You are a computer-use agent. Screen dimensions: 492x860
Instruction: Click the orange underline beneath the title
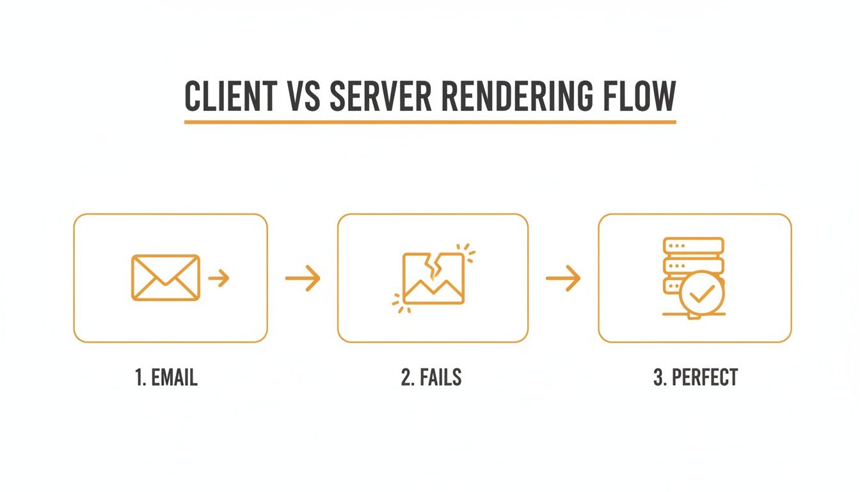430,122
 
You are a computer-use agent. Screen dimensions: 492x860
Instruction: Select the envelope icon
165,277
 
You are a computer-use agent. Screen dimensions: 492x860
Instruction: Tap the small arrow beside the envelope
219,278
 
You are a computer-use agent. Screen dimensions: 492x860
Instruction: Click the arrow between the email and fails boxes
302,278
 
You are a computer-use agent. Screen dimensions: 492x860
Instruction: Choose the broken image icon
433,278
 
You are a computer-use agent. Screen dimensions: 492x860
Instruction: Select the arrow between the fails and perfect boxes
563,278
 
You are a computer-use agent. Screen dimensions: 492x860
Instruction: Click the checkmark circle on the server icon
702,293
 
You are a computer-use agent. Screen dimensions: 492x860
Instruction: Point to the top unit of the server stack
694,246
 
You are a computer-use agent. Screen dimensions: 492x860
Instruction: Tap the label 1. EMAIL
166,377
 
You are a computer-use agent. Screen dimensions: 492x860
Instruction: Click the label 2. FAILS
431,377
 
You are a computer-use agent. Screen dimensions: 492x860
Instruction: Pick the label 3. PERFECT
695,377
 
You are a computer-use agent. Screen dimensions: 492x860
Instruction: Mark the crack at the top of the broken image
434,266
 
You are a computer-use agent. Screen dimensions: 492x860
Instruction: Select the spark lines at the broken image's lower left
399,303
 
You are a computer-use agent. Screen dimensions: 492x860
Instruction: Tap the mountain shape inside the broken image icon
433,292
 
